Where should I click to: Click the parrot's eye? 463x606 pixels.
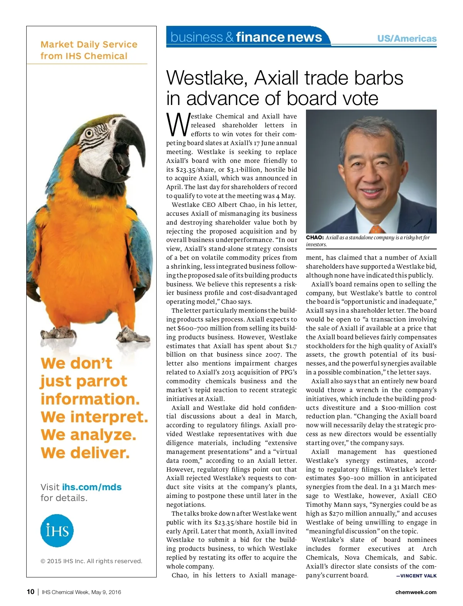click(90, 134)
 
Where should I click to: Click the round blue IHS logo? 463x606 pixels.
click(57, 530)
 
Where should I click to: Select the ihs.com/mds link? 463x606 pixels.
click(92, 487)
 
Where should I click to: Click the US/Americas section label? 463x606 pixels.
click(407, 39)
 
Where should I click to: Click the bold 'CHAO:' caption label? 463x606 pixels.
click(314, 237)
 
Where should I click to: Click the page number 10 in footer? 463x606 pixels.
click(30, 592)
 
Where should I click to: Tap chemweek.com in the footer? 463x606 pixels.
click(416, 592)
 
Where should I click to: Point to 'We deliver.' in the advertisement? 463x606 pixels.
click(85, 452)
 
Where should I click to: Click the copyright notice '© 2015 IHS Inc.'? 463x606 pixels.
click(91, 561)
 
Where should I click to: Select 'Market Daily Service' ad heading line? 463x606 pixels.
click(89, 44)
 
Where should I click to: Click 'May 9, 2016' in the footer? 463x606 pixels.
click(106, 592)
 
